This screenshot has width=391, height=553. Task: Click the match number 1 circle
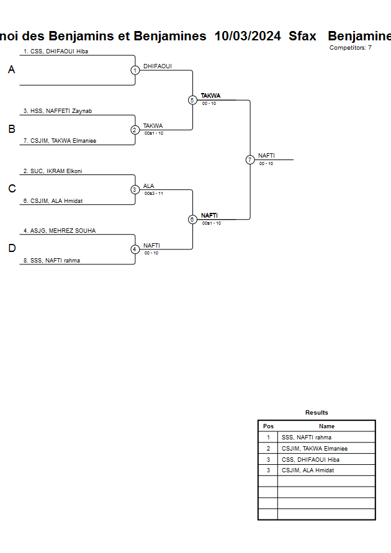pos(135,70)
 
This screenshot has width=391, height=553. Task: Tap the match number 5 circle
pos(192,100)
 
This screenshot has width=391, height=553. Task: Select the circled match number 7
pos(250,160)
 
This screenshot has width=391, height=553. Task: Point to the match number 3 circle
pos(135,189)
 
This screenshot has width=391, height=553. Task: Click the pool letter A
pos(11,70)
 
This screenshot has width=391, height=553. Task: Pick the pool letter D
pos(11,249)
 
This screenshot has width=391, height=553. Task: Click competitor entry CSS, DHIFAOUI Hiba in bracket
pos(56,52)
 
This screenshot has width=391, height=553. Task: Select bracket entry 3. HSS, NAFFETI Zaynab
pos(58,111)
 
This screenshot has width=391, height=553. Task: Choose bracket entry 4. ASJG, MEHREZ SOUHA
pos(60,230)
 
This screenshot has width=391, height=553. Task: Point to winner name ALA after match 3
pos(149,186)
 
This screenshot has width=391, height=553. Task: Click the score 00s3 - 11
pos(154,194)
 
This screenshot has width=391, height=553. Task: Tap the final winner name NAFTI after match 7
pos(266,156)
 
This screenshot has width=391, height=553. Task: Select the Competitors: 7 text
pos(351,47)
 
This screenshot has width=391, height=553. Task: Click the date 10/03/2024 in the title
pos(248,36)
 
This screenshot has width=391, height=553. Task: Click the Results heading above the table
pos(317,413)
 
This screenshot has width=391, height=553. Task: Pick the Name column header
pos(326,426)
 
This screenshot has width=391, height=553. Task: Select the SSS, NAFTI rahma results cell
pos(307,438)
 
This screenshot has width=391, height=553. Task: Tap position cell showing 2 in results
pos(268,449)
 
